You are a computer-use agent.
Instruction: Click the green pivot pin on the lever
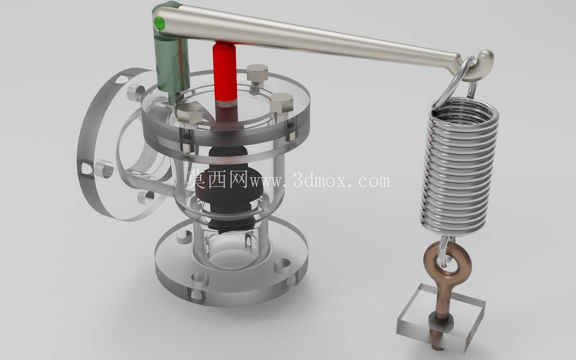(159, 23)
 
